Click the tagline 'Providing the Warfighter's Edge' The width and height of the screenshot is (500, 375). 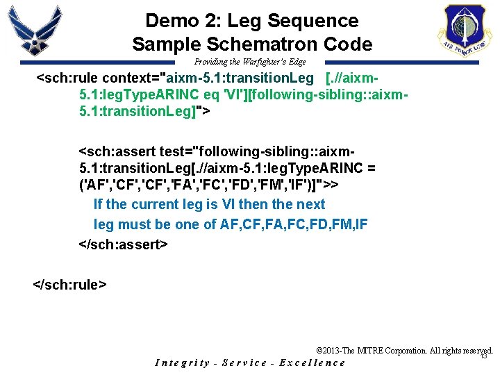[x=249, y=62]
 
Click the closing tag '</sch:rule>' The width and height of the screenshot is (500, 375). [x=70, y=283]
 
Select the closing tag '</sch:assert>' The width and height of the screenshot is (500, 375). [x=124, y=244]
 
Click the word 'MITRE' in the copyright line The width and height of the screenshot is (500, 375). [x=376, y=351]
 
